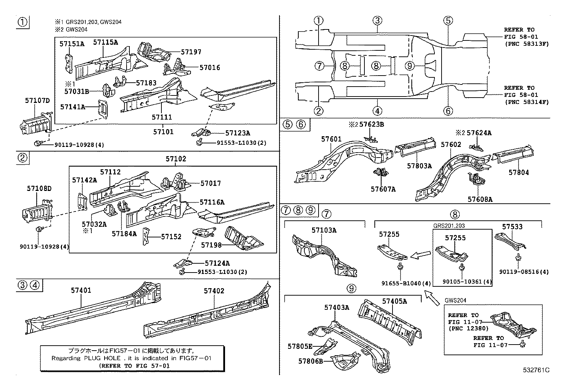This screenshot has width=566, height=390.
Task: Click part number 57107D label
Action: [37, 100]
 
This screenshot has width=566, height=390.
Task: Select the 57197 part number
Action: [191, 52]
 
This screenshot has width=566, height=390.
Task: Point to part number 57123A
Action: [237, 133]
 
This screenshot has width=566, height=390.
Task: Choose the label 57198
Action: [212, 245]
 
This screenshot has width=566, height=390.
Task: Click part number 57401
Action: [81, 290]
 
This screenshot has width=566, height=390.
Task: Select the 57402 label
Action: [214, 291]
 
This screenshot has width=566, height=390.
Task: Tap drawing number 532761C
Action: [536, 370]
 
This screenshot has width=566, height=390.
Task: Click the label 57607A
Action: [383, 189]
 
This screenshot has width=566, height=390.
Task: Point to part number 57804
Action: [518, 172]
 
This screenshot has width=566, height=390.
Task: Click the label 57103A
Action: [324, 230]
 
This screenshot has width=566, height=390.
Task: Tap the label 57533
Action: [512, 226]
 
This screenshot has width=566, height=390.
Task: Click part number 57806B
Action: [310, 361]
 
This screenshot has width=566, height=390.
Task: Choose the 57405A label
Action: [394, 301]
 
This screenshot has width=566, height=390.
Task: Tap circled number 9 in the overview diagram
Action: [410, 66]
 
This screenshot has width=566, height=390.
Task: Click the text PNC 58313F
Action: [527, 44]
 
